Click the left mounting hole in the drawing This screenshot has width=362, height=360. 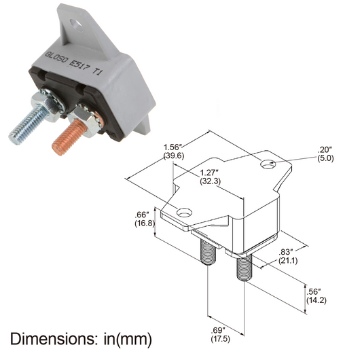point(182,213)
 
